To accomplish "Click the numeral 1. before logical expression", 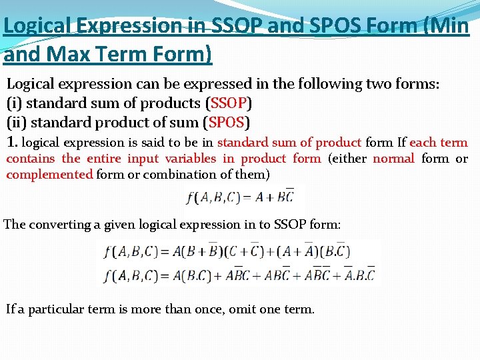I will tap(13, 142).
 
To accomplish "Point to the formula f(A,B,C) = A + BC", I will tap(243, 197).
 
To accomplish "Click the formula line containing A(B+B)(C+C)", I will tap(227, 251).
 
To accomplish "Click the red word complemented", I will tap(49, 175).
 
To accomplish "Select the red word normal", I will tap(393, 159).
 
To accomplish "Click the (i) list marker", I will tap(14, 103).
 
